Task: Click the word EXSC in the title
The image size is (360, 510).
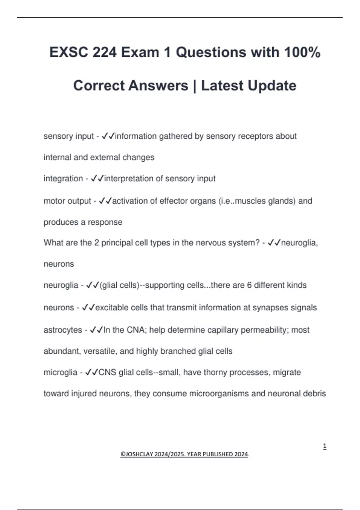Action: pyautogui.click(x=69, y=52)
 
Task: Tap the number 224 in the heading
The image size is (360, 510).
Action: pyautogui.click(x=104, y=52)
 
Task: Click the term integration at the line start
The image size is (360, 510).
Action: pyautogui.click(x=63, y=178)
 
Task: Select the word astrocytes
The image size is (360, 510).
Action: pyautogui.click(x=63, y=330)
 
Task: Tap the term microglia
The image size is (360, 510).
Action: pyautogui.click(x=60, y=372)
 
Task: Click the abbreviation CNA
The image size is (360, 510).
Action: pyautogui.click(x=135, y=330)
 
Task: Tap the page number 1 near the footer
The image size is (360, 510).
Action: pyautogui.click(x=325, y=446)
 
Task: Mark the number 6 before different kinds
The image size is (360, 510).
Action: pyautogui.click(x=249, y=285)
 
